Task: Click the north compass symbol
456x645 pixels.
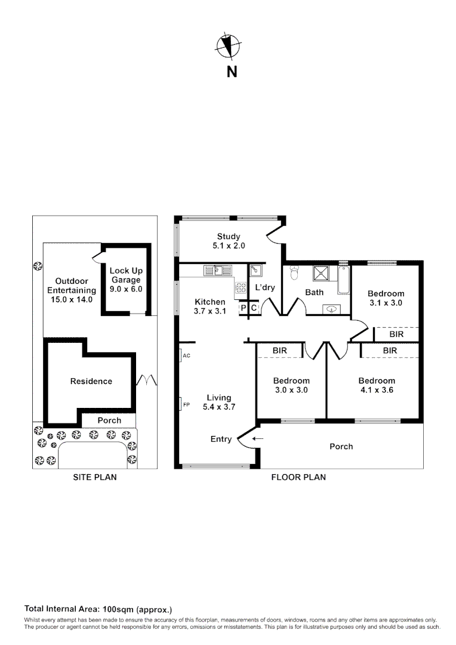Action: (x=228, y=47)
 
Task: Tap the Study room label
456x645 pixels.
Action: (x=229, y=241)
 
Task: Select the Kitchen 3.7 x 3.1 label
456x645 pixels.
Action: (x=209, y=306)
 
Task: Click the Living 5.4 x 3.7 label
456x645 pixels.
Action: (x=218, y=402)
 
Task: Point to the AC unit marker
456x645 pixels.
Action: (x=181, y=355)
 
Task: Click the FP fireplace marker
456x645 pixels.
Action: (x=181, y=404)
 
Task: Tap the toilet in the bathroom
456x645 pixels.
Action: (x=294, y=273)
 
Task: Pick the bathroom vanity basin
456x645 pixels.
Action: (x=331, y=308)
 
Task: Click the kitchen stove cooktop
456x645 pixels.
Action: (x=241, y=288)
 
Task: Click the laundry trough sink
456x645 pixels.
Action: (x=255, y=271)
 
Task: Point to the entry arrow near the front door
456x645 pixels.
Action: (x=257, y=439)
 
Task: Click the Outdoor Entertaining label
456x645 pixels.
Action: (x=72, y=290)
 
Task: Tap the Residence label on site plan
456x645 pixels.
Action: (x=91, y=381)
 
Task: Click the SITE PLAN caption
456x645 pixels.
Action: (x=94, y=477)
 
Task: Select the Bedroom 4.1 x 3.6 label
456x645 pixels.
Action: (x=377, y=385)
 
